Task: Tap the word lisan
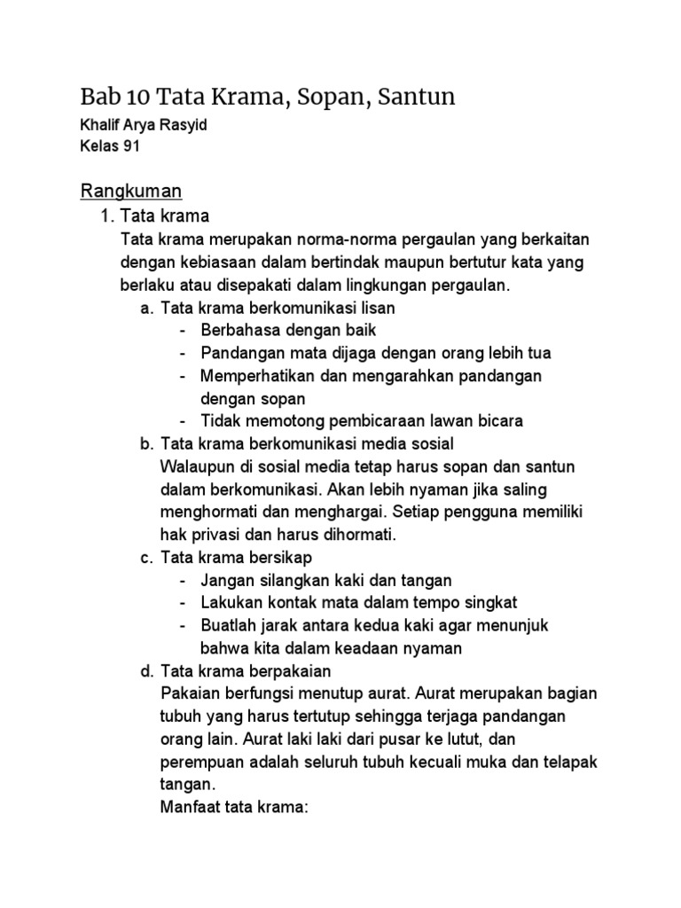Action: pyautogui.click(x=374, y=308)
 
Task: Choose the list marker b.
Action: pyautogui.click(x=147, y=443)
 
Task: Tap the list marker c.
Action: pyautogui.click(x=147, y=557)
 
